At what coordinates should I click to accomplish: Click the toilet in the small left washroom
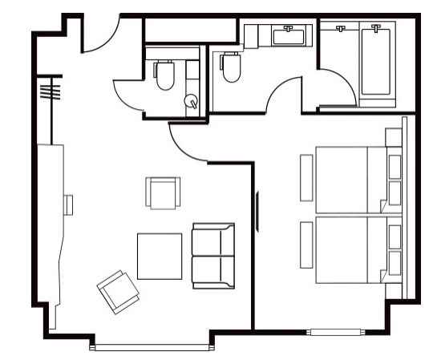165,75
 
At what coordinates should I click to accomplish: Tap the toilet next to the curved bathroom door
231,67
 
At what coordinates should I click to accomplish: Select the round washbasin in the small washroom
192,101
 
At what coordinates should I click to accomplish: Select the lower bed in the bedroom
350,249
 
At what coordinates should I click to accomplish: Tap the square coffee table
159,255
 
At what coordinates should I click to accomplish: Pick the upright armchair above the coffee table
162,192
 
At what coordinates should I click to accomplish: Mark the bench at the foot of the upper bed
306,177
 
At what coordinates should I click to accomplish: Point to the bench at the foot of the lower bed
306,245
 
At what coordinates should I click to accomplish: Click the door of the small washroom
128,95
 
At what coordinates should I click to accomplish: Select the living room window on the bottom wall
153,346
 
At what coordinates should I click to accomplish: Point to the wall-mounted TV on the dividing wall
257,208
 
